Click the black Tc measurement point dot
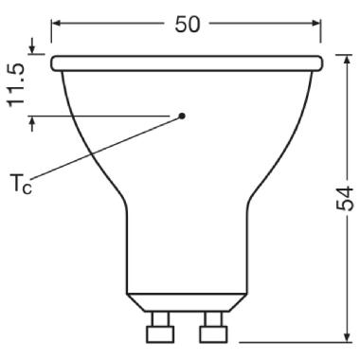click(x=182, y=117)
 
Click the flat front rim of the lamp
click(x=186, y=63)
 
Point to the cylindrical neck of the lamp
click(x=186, y=246)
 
